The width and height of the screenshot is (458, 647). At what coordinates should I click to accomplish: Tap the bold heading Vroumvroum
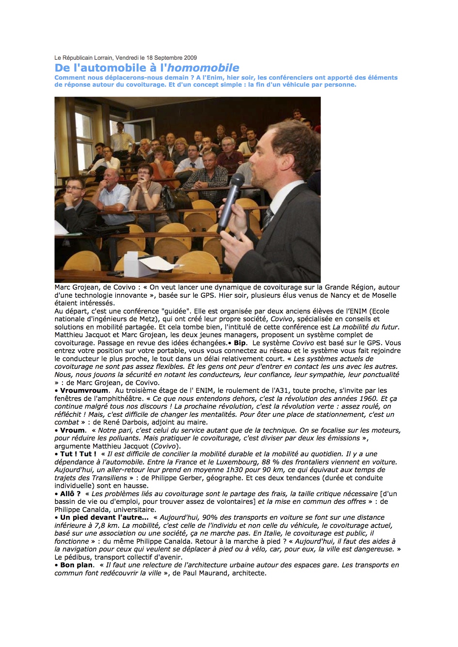click(x=84, y=391)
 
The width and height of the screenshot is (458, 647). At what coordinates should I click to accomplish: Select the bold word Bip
click(x=240, y=343)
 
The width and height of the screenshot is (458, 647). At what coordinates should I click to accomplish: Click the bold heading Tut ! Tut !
click(x=78, y=454)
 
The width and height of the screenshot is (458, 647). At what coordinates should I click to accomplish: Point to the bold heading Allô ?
click(x=70, y=494)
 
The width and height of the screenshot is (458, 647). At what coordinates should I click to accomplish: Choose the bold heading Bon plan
click(x=77, y=565)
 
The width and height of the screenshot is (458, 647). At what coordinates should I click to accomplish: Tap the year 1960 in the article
click(x=369, y=399)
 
